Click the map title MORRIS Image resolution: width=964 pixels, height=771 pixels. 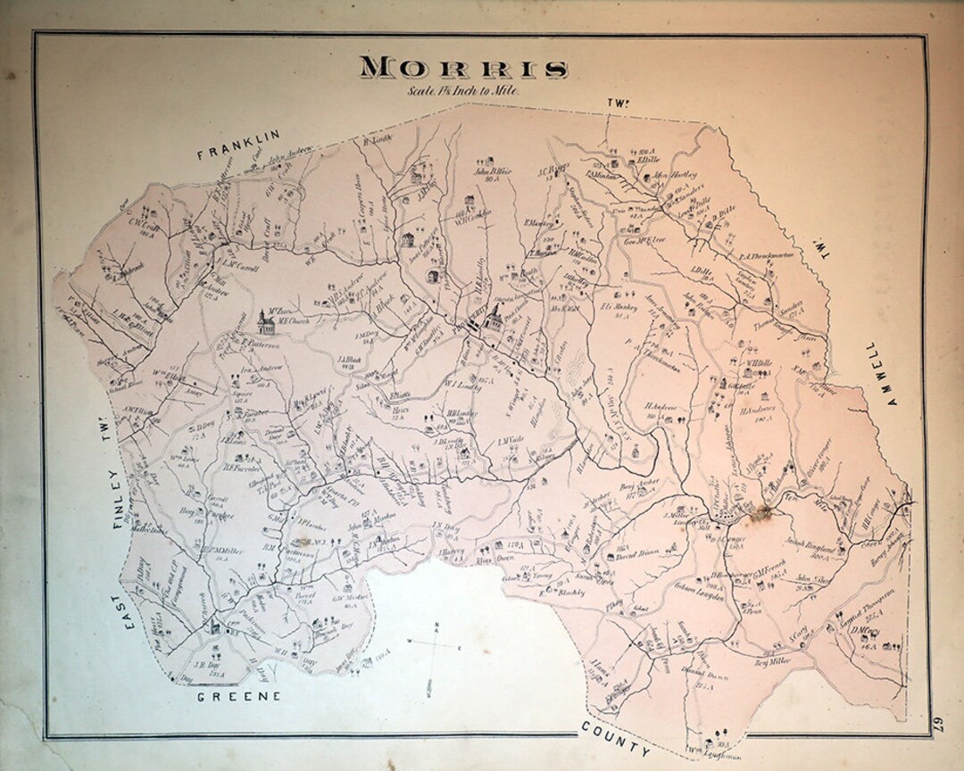pyautogui.click(x=464, y=69)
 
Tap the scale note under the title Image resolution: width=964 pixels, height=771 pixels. pyautogui.click(x=463, y=90)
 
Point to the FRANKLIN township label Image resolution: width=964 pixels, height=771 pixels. pyautogui.click(x=238, y=145)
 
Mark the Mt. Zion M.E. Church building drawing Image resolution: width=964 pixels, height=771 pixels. pyautogui.click(x=263, y=320)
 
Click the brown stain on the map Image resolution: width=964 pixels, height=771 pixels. pyautogui.click(x=760, y=510)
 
